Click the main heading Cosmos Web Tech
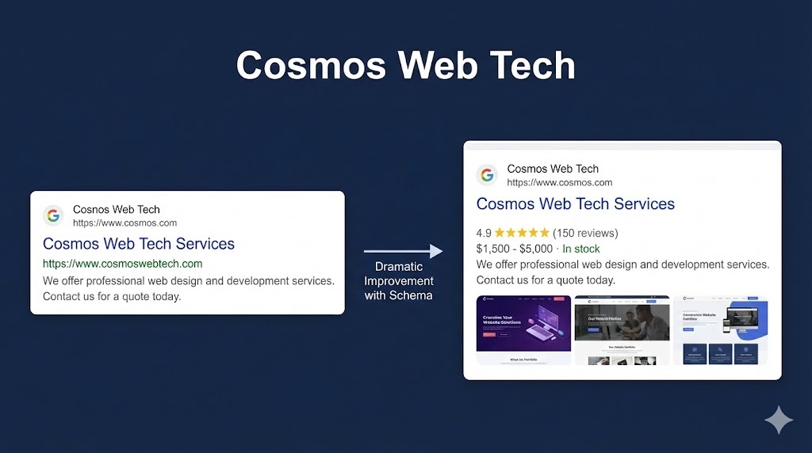coord(405,65)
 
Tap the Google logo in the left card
coord(53,215)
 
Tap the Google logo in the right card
coord(487,175)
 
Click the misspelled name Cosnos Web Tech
coord(116,210)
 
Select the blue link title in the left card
coord(139,244)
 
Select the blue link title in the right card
coord(575,204)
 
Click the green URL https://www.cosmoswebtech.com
coord(122,264)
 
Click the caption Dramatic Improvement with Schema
coord(399,281)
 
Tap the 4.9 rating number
coord(484,233)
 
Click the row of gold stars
coord(522,233)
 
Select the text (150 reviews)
coord(585,233)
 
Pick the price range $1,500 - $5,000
coord(515,249)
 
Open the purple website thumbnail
coord(523,329)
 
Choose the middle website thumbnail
coord(622,329)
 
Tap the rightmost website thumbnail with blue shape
coord(721,329)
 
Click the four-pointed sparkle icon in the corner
coord(778,420)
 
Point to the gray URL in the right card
coord(559,182)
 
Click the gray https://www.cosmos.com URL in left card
coord(124,223)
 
